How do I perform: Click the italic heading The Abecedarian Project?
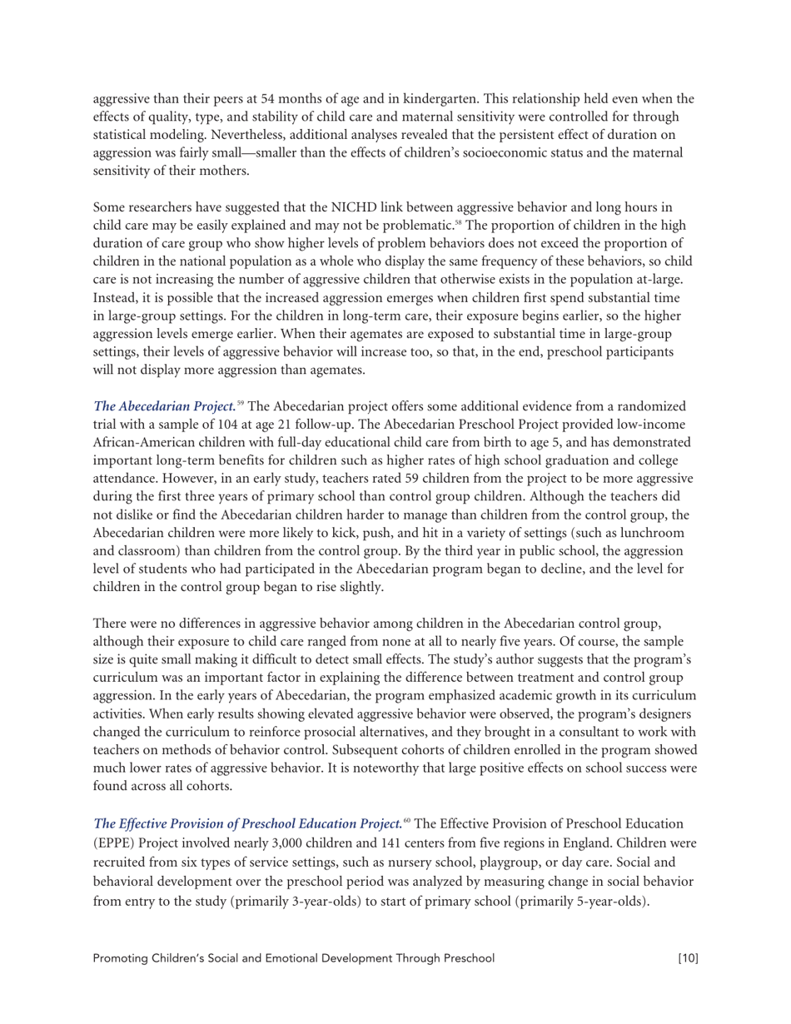164,406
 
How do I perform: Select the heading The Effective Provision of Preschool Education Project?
247,823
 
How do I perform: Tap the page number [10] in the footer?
688,958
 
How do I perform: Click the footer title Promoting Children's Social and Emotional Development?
293,958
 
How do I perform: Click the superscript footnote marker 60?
406,820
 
